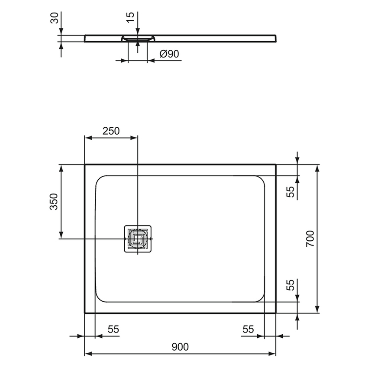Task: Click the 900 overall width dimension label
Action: point(180,346)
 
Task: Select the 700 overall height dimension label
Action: point(310,239)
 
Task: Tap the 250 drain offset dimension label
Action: point(111,130)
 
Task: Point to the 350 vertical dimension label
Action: point(54,201)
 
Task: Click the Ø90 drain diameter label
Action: point(169,54)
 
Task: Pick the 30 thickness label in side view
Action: point(54,19)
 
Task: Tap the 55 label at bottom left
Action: point(113,329)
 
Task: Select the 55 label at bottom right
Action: point(248,329)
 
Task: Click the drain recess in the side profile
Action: point(138,38)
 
